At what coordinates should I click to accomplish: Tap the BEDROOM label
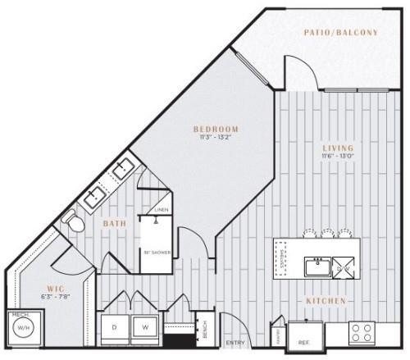(x=216, y=130)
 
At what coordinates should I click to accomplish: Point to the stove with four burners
(x=362, y=331)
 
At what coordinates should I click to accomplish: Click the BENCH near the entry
(x=204, y=330)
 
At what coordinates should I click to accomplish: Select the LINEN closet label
(x=162, y=210)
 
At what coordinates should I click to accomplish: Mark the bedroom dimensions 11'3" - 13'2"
(x=216, y=139)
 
